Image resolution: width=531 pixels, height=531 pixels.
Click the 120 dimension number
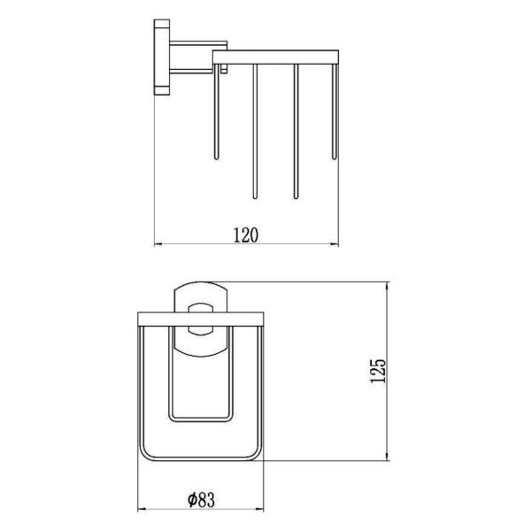246,235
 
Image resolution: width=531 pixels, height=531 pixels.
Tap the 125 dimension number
378,371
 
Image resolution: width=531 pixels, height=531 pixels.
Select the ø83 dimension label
201,499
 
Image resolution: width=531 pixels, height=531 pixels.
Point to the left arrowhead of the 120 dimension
158,244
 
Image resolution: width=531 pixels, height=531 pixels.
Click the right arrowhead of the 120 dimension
335,244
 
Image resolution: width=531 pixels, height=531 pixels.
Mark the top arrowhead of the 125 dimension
388,286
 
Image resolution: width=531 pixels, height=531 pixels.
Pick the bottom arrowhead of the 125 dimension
388,456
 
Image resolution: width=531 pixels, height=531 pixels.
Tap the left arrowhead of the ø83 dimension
142,509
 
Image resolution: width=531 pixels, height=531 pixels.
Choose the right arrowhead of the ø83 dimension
259,509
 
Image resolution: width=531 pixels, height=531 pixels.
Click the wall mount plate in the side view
162,57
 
